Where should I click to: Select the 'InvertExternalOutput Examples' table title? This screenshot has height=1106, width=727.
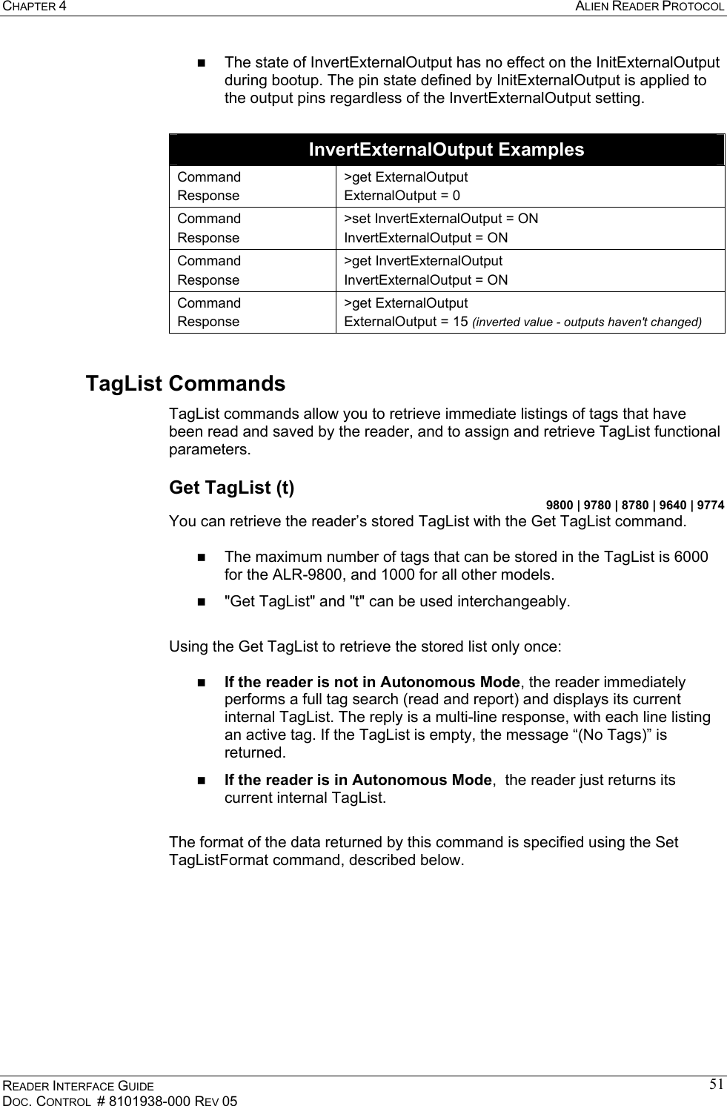(446, 150)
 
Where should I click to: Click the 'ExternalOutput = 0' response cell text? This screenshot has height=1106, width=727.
(402, 196)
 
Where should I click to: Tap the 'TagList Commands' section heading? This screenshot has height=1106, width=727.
(185, 384)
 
